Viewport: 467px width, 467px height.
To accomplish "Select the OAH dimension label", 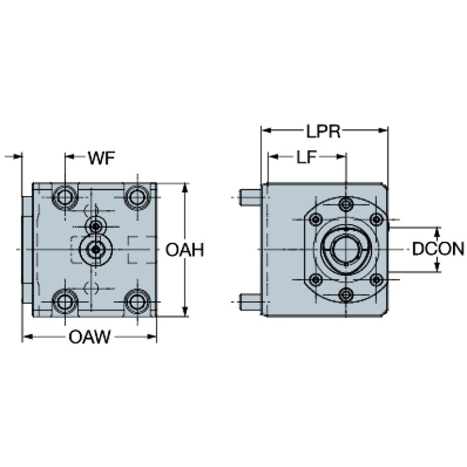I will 184,250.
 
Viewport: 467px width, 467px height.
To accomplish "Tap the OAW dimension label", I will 89,337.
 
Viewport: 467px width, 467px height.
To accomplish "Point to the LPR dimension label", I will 324,131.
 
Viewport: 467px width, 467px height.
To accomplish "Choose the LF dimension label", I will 307,158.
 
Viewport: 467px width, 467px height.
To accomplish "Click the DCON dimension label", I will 437,249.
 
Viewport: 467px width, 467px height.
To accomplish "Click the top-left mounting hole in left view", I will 65,196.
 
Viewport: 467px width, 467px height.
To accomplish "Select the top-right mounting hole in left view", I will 138,196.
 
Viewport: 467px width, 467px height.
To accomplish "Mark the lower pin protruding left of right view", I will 250,301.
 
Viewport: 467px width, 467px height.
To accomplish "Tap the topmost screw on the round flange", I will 346,203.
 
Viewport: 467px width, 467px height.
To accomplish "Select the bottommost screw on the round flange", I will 346,295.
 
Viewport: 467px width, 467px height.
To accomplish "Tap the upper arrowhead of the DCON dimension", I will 437,232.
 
